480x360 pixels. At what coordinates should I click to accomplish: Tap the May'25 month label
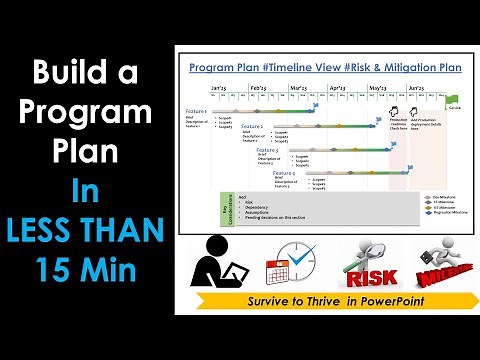[378, 88]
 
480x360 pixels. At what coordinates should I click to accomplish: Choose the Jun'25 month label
[417, 88]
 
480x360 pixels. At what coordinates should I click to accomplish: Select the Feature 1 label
[197, 111]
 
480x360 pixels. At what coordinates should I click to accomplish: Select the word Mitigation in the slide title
[410, 66]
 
